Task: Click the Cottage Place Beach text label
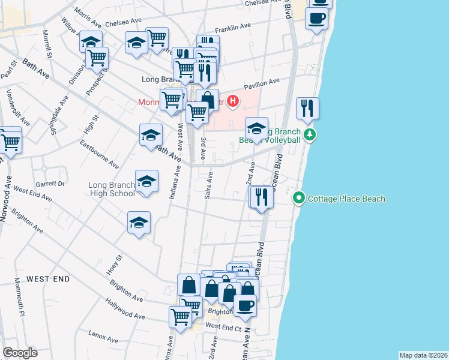tap(346, 199)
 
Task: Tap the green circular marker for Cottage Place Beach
tap(298, 198)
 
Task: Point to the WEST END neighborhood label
tap(48, 279)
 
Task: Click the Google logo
tap(20, 353)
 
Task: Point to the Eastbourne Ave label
tap(100, 154)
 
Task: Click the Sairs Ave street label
tap(209, 186)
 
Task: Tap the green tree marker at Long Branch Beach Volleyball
tap(310, 134)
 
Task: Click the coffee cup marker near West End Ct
tap(245, 306)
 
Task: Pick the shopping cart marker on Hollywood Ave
tap(180, 316)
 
